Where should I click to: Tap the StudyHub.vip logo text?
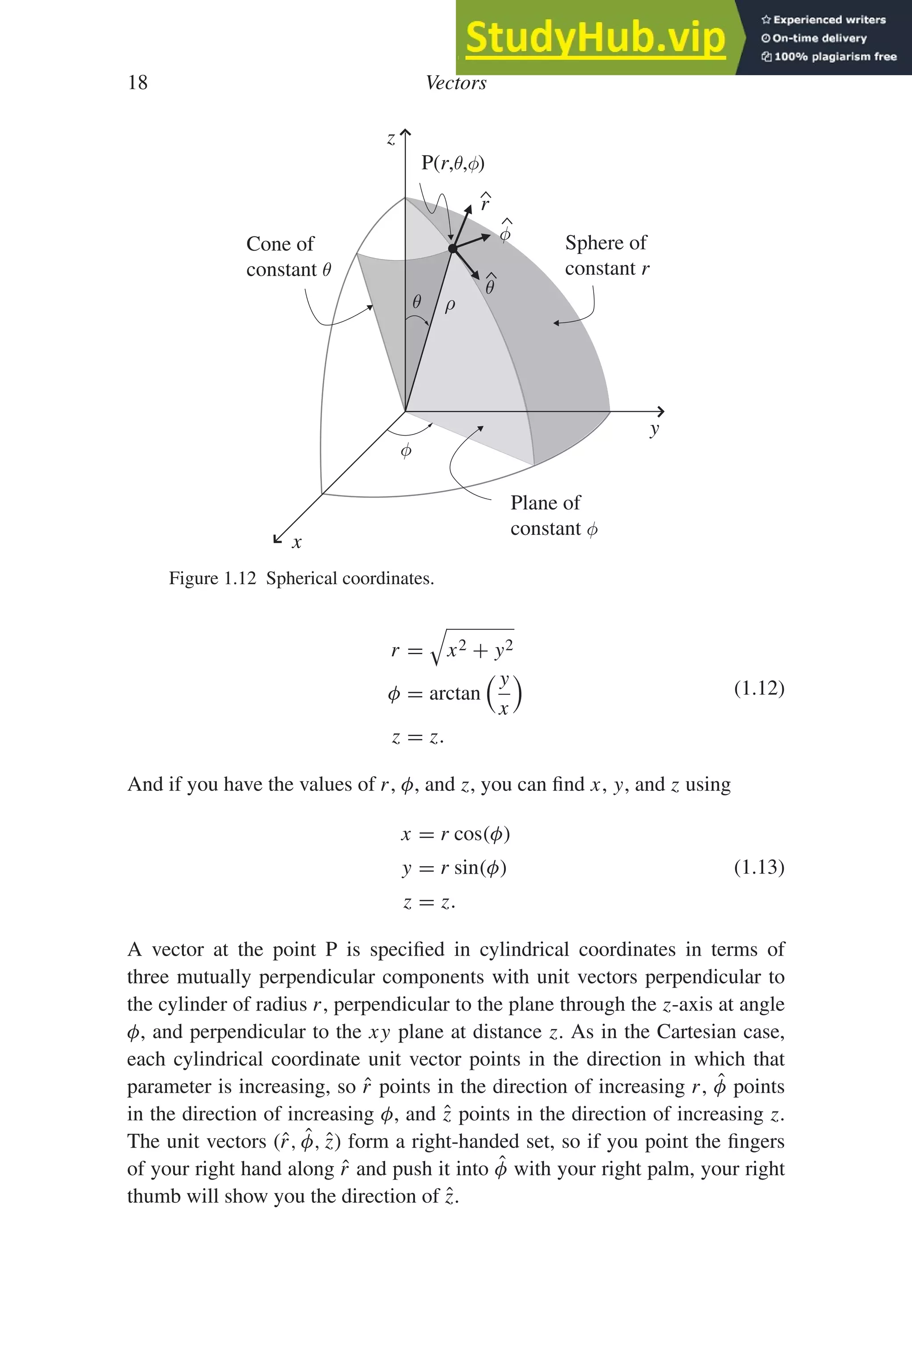595,38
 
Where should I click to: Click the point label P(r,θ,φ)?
452,163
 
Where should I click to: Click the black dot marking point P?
453,249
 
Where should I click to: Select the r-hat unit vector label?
485,201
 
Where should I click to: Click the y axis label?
654,429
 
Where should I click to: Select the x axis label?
297,542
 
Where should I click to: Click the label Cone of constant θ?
288,256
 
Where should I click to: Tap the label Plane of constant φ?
553,515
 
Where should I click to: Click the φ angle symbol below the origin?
407,450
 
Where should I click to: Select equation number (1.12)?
759,688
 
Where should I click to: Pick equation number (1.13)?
759,867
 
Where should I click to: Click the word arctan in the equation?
454,693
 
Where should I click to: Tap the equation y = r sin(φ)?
454,868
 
